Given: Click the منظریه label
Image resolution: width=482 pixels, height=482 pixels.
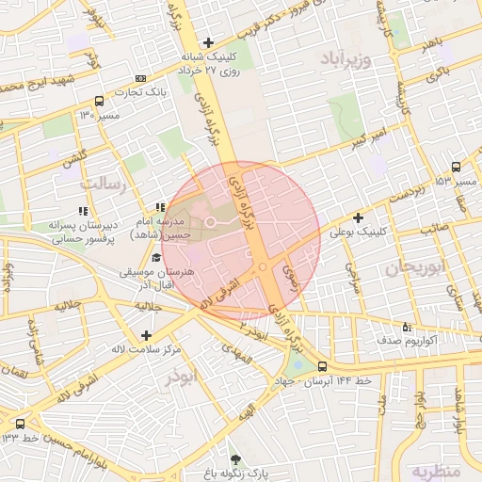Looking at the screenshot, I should tap(439, 468).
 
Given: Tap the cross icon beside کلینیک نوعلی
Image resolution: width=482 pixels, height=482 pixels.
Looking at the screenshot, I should tap(359, 218).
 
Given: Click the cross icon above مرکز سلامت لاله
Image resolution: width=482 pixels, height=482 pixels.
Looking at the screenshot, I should tap(145, 335).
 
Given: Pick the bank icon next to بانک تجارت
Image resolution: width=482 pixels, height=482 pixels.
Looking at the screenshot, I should tap(140, 79).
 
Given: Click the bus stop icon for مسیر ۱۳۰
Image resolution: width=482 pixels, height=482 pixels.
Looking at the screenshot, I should tap(99, 101).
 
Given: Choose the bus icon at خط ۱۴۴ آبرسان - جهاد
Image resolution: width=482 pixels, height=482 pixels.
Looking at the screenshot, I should tap(323, 366).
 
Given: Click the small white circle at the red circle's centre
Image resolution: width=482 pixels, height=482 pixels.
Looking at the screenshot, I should tap(211, 222).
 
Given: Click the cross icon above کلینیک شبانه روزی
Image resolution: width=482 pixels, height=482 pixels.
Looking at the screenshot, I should tap(208, 42).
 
